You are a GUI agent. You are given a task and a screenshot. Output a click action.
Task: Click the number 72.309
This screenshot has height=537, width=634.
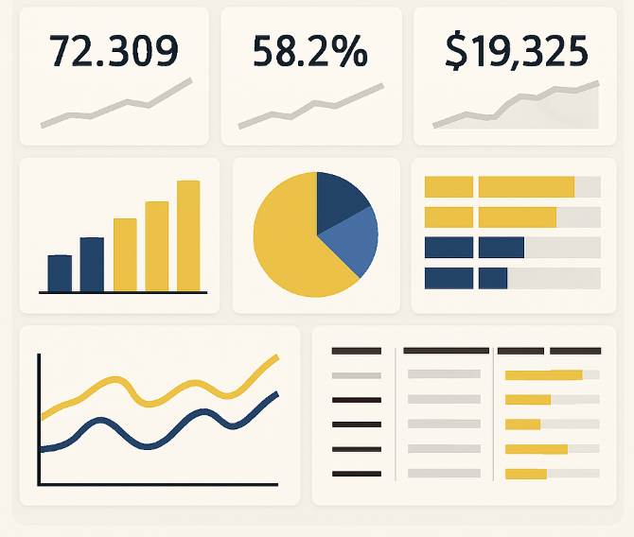click(x=113, y=51)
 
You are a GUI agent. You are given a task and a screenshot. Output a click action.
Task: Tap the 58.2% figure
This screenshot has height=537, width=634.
click(x=309, y=51)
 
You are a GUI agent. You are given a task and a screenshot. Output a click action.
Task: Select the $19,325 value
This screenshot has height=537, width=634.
click(x=516, y=51)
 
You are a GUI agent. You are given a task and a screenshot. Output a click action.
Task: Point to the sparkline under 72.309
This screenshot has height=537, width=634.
click(x=113, y=105)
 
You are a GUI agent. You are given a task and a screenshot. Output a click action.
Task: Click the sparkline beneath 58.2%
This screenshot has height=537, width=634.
click(x=310, y=104)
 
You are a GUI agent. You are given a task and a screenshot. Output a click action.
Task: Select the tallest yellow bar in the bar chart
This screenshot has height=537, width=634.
click(x=188, y=235)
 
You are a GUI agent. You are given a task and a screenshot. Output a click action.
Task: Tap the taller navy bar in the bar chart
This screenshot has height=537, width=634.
click(x=92, y=264)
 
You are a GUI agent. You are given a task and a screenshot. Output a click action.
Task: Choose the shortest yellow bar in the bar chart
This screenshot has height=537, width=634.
click(x=125, y=254)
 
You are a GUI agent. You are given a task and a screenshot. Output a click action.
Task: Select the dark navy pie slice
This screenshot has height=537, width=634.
click(x=341, y=200)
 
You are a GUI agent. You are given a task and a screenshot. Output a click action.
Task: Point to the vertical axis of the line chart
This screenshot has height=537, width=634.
click(x=39, y=416)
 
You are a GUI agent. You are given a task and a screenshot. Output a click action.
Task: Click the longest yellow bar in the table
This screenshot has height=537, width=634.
click(x=543, y=375)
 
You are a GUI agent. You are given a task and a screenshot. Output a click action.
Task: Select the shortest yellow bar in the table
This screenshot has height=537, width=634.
click(x=522, y=424)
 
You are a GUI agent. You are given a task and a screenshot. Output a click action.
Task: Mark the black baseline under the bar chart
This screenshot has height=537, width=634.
click(x=123, y=292)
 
